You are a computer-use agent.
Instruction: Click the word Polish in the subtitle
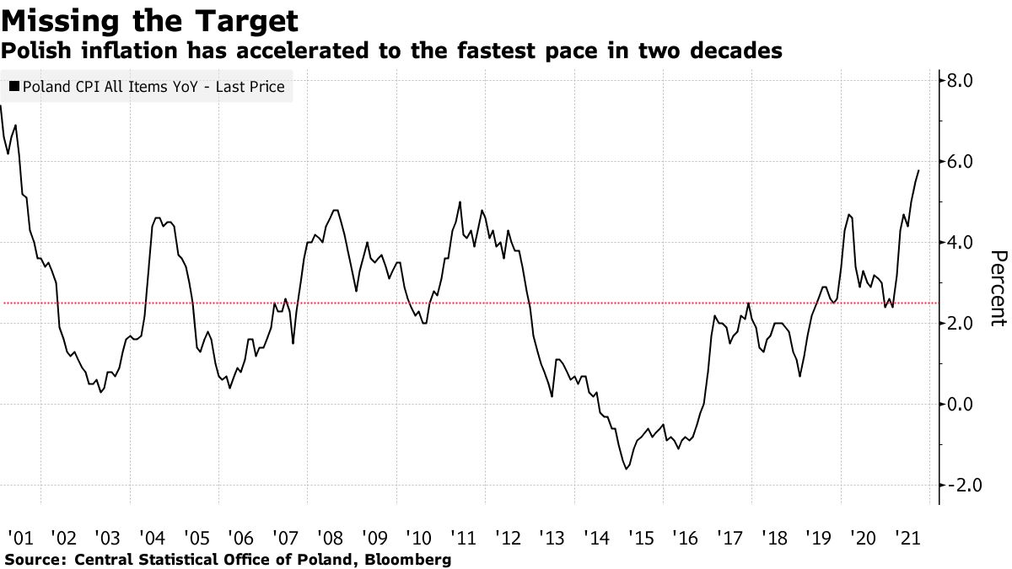[x=31, y=52]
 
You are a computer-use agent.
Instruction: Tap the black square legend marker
[x=14, y=87]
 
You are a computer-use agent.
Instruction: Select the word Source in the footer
[x=34, y=560]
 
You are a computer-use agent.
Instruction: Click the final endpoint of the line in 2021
[x=918, y=170]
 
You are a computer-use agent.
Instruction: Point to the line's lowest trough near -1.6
[x=627, y=469]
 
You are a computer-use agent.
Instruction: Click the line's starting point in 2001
[x=2, y=106]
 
